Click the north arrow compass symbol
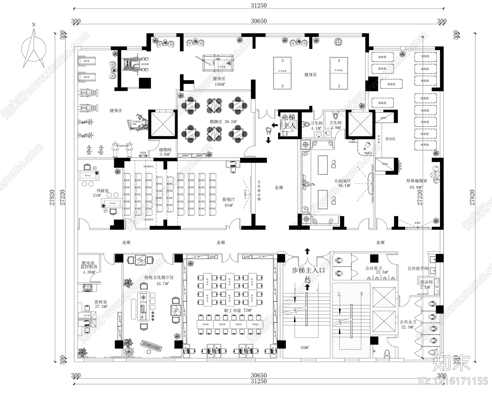click(x=34, y=46)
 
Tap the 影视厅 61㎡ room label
click(x=228, y=202)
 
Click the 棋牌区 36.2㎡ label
click(x=223, y=122)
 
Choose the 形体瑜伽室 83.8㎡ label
click(x=416, y=184)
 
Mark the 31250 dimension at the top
click(x=259, y=5)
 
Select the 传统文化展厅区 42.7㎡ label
click(x=159, y=280)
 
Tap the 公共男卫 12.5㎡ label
click(x=376, y=270)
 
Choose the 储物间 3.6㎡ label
click(x=165, y=152)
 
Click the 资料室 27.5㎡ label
click(x=101, y=304)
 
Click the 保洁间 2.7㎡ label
click(x=426, y=284)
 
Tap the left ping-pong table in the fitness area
click(x=282, y=73)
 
